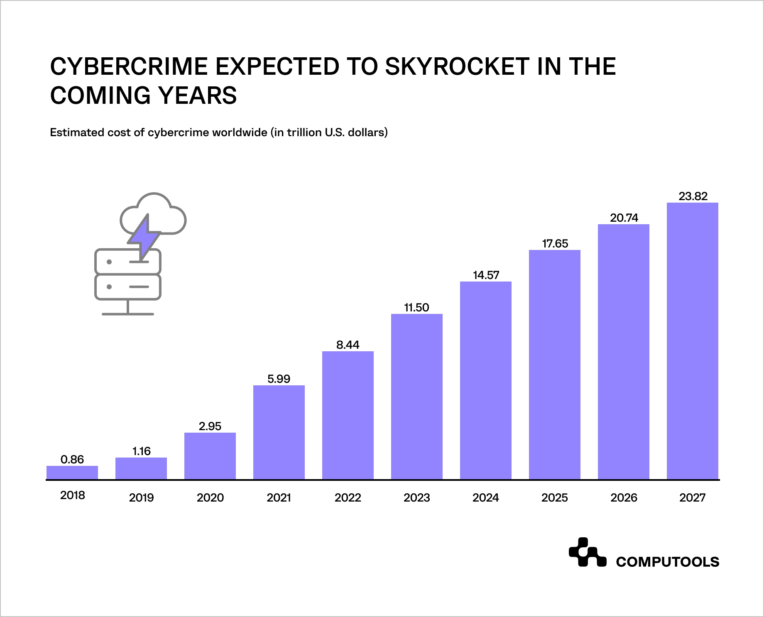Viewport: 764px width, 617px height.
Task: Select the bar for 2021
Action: click(279, 432)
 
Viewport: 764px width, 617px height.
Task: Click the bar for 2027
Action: click(692, 341)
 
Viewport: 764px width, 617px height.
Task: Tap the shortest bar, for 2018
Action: click(72, 473)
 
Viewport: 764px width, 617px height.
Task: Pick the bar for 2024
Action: click(485, 380)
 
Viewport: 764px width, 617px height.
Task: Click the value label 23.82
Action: click(693, 196)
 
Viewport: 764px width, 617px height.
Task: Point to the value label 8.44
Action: click(348, 345)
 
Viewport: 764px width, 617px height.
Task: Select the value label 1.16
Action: click(141, 451)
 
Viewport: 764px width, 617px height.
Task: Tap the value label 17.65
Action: click(555, 243)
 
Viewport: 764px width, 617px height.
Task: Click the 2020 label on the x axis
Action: click(210, 497)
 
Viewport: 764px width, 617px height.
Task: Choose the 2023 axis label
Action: click(416, 497)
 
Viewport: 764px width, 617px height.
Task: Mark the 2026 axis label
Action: click(623, 497)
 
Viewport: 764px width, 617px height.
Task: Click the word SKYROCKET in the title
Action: click(457, 66)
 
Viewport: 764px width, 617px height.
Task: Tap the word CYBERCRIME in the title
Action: click(129, 66)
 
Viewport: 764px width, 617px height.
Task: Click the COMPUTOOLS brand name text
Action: click(667, 562)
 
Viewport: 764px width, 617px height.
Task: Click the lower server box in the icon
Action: click(127, 287)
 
